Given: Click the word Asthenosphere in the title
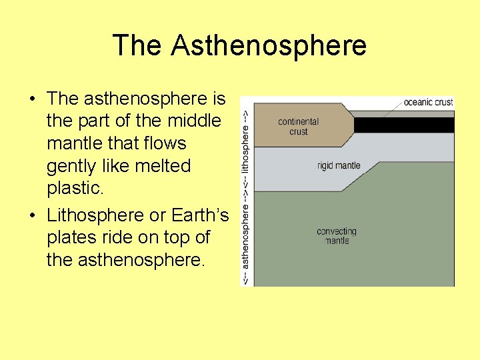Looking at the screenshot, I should pyautogui.click(x=268, y=45).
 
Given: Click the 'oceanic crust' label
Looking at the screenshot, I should pyautogui.click(x=428, y=102).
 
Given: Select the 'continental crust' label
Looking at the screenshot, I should pyautogui.click(x=299, y=127).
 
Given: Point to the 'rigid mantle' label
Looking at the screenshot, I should pyautogui.click(x=339, y=165).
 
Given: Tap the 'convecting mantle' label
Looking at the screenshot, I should pyautogui.click(x=337, y=235).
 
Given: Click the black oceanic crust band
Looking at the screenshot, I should pyautogui.click(x=404, y=125).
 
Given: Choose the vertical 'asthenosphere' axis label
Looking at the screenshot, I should pyautogui.click(x=245, y=237).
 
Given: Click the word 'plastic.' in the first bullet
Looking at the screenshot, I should pyautogui.click(x=75, y=188).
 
